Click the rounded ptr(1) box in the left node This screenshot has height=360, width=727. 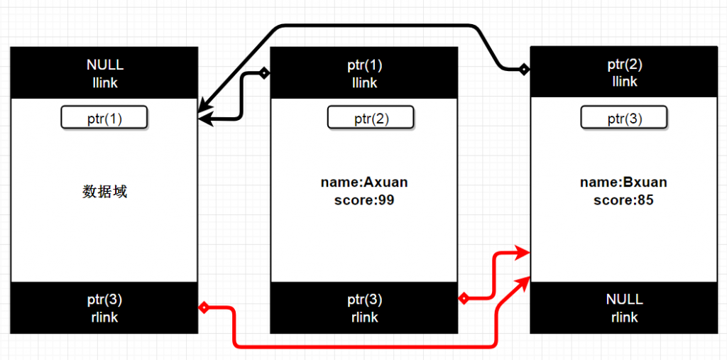coord(104,118)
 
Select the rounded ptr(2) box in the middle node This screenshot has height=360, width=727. coord(370,118)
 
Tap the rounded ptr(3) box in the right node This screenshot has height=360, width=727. coord(624,118)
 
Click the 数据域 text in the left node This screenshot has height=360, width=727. coord(104,191)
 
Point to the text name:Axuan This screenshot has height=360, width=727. coord(364,182)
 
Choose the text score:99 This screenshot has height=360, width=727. coord(364,200)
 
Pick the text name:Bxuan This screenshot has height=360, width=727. coord(623,182)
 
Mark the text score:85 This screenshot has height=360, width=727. coord(623,200)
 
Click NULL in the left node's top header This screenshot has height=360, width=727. coord(104,65)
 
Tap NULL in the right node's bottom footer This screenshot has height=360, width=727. coord(624,300)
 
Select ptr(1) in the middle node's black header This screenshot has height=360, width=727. coord(364,65)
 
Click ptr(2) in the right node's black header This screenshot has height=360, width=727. coord(625,65)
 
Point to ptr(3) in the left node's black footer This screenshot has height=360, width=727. coord(104,300)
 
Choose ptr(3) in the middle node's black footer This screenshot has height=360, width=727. coord(364,300)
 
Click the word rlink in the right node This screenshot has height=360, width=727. coord(624,317)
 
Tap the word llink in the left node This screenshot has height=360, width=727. coord(104,83)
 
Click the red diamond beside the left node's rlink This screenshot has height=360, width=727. coord(203,307)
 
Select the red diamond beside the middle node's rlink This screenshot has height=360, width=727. coord(464,299)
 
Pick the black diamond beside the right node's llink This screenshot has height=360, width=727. coord(525,69)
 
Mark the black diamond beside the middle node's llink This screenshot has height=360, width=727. coord(264,72)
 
